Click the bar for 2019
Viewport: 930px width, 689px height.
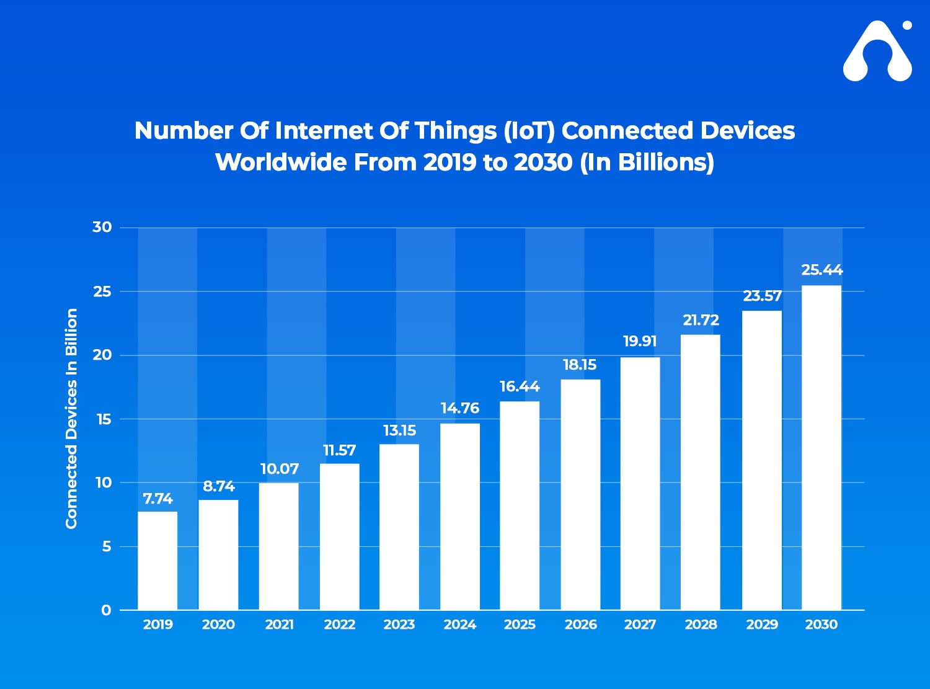(157, 561)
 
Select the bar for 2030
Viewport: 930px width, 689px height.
(821, 448)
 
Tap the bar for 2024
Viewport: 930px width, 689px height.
(460, 517)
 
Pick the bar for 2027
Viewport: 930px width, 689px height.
(640, 484)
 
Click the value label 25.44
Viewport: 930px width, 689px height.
(821, 270)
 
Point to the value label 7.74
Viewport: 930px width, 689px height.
(157, 499)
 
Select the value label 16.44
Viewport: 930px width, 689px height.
(520, 387)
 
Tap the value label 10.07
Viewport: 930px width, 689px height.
(279, 469)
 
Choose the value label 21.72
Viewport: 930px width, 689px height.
(701, 321)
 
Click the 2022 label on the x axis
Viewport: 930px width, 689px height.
(340, 625)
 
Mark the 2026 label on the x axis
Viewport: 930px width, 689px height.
(580, 625)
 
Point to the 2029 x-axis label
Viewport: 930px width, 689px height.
(762, 625)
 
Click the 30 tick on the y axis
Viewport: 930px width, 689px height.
(102, 228)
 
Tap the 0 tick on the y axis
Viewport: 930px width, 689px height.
(106, 610)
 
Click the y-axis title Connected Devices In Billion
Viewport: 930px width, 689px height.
(72, 419)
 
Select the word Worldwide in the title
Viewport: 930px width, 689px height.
(280, 162)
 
